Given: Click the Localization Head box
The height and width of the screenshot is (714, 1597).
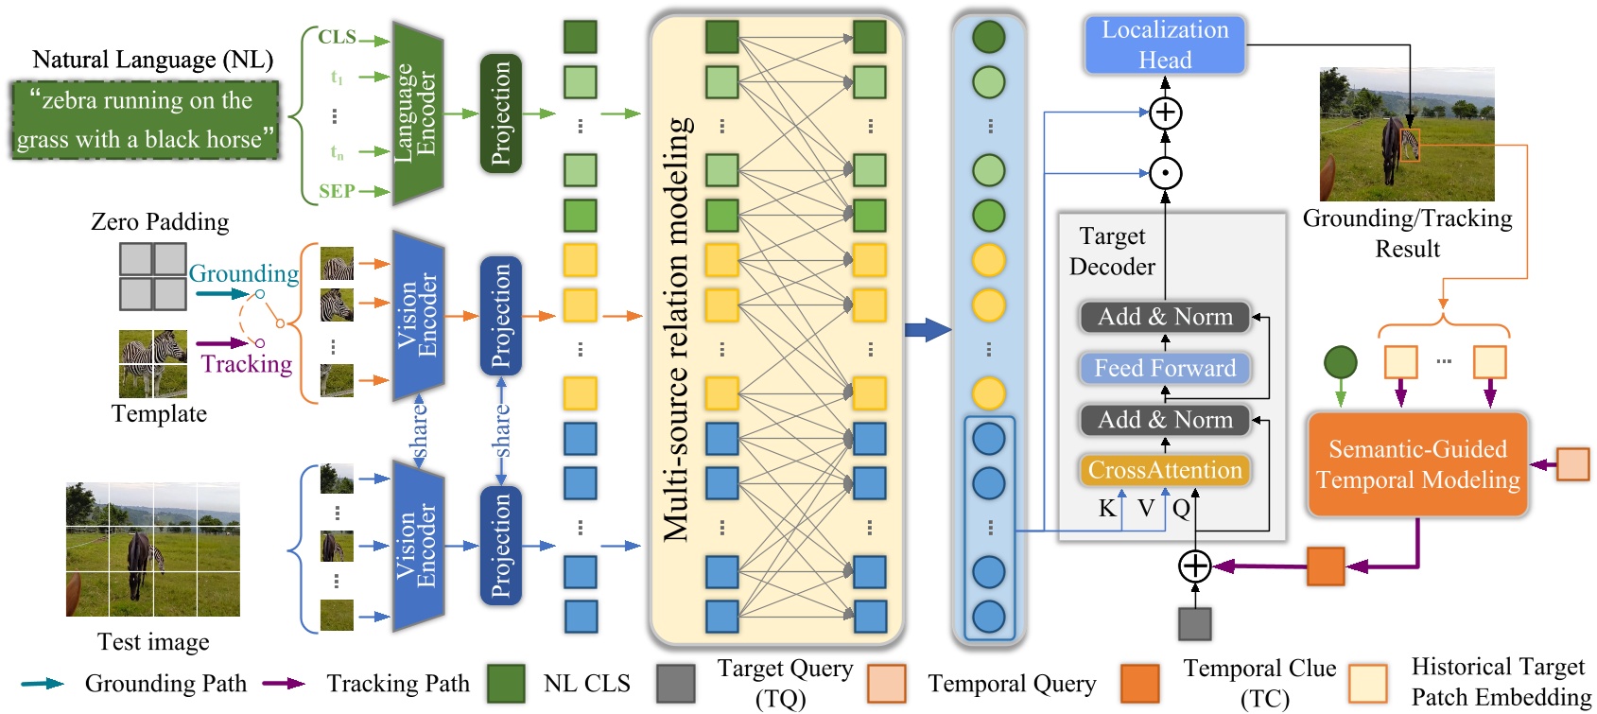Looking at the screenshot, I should [x=1164, y=44].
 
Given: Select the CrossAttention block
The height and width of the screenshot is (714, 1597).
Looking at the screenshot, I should [x=1164, y=470].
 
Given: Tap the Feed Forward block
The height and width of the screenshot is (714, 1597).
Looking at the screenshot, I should [x=1164, y=368].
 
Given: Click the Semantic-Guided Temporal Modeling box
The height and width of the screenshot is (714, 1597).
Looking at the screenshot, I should [x=1416, y=464].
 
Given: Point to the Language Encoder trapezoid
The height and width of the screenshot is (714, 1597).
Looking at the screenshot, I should [x=417, y=113].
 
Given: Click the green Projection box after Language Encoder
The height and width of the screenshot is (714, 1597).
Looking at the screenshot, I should [x=500, y=113].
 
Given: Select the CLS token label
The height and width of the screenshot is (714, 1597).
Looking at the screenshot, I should [x=337, y=37].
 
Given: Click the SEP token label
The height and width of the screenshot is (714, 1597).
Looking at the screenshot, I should [x=337, y=191].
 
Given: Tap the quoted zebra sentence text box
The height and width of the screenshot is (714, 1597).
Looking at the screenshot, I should [x=146, y=120].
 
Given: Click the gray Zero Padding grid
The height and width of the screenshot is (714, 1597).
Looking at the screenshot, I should [x=152, y=276].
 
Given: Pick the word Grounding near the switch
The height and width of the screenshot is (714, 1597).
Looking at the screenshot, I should [x=243, y=273].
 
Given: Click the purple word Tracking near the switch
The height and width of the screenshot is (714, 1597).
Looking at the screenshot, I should [x=246, y=364].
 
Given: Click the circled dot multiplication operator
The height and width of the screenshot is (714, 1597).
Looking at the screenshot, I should [x=1165, y=173].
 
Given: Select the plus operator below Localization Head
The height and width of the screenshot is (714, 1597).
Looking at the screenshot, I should [x=1165, y=113].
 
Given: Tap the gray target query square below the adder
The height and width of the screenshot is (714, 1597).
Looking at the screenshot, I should [x=1194, y=624].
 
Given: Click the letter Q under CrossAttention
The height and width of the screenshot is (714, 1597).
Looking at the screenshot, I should [x=1181, y=509].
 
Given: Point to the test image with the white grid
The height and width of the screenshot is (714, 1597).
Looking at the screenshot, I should [x=152, y=549].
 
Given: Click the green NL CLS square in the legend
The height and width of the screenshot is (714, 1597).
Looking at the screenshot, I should [x=506, y=683].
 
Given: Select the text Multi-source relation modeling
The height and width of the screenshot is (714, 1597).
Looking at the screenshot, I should [x=676, y=328].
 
